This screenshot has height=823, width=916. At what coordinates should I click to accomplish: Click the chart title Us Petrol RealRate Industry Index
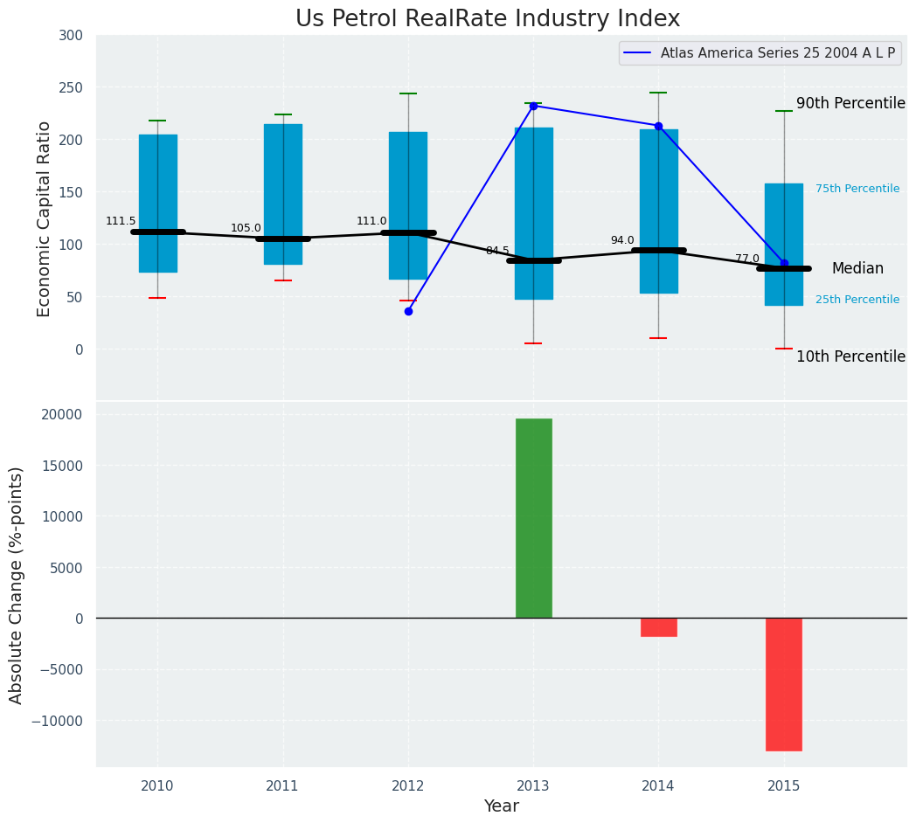[487, 19]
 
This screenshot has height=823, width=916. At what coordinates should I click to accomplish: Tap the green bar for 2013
[533, 518]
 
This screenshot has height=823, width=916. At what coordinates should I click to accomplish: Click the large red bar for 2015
[783, 684]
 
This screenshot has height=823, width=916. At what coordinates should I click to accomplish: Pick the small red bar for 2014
[658, 627]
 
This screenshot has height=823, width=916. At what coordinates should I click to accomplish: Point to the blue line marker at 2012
[408, 311]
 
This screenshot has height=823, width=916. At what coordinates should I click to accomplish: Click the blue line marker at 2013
[533, 106]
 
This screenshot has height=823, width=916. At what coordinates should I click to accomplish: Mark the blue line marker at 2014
[658, 126]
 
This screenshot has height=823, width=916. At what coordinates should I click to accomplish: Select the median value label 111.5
[121, 222]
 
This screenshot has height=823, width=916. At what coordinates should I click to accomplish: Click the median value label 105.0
[246, 229]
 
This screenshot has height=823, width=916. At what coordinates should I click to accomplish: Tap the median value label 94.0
[622, 241]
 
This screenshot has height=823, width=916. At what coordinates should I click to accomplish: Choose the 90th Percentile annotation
[850, 103]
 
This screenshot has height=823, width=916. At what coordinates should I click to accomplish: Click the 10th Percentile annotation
[850, 356]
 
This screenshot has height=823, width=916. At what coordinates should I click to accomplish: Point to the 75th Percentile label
[857, 189]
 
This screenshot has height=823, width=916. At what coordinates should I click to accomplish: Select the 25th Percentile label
[857, 300]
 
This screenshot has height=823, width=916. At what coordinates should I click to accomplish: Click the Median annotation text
[857, 269]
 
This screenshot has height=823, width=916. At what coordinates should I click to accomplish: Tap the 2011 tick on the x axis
[282, 786]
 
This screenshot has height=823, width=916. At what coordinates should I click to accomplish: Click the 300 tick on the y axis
[72, 35]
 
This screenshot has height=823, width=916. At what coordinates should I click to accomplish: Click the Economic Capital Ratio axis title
[45, 218]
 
